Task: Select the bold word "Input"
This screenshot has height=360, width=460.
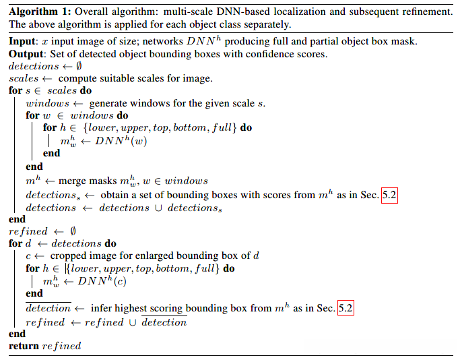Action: coord(22,41)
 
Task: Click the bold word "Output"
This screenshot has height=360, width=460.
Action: coord(26,53)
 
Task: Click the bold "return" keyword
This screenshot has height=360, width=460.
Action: coord(24,346)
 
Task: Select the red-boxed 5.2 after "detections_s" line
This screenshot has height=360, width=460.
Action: coord(390,194)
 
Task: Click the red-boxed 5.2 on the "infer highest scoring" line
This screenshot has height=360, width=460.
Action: coord(345,308)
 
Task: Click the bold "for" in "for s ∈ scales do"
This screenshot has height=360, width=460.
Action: coord(15,91)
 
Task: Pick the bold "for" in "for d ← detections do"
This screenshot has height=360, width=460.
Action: coord(15,243)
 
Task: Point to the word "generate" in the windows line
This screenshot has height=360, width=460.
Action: coord(110,103)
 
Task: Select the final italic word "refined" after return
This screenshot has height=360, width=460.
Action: coord(61,346)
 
